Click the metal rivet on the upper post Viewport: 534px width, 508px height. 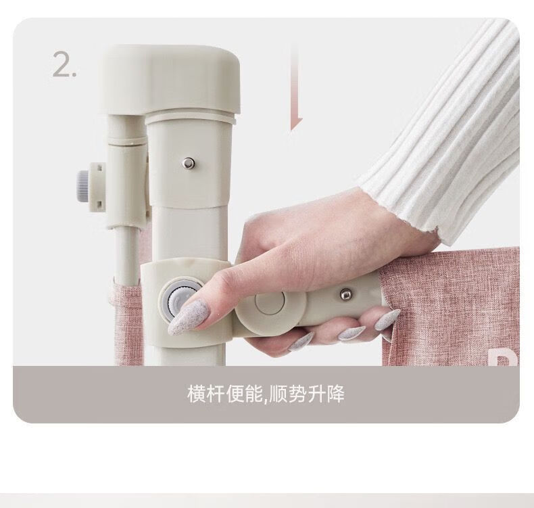pos(188,163)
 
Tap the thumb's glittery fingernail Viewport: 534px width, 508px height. pos(187,315)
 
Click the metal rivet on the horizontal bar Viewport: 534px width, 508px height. pos(346,294)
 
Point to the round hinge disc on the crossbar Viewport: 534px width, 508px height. pos(270,302)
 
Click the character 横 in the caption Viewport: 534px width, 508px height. pos(197,394)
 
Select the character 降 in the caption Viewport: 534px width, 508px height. pos(335,394)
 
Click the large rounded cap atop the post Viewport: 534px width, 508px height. pos(170,78)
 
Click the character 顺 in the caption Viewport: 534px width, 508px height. pos(278,394)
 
